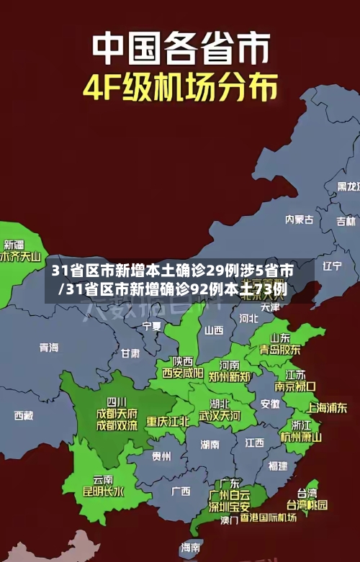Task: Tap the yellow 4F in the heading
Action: (104, 88)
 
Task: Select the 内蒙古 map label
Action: (299, 199)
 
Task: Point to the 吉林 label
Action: (346, 202)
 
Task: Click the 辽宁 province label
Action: (332, 266)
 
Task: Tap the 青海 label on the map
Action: (49, 347)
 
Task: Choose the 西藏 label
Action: (23, 415)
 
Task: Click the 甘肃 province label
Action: (130, 353)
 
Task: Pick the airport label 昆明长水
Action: (104, 492)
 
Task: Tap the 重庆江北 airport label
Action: (168, 421)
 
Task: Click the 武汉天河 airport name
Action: (220, 416)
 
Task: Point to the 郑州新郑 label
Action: (230, 376)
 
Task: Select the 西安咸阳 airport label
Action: (182, 373)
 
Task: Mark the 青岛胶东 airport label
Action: (281, 349)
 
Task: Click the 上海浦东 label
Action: (328, 407)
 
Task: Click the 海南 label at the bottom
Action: (190, 548)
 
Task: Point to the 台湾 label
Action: (307, 493)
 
